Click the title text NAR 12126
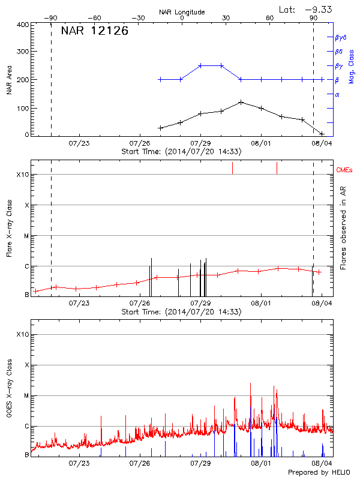pyautogui.click(x=94, y=31)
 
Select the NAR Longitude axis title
pyautogui.click(x=182, y=11)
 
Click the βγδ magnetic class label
pyautogui.click(x=340, y=37)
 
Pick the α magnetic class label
pyautogui.click(x=337, y=94)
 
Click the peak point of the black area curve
pyautogui.click(x=241, y=102)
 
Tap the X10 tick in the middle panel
pyautogui.click(x=23, y=175)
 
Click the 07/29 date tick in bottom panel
pyautogui.click(x=200, y=464)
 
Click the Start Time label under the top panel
pyautogui.click(x=181, y=152)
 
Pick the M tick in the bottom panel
pyautogui.click(x=26, y=395)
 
